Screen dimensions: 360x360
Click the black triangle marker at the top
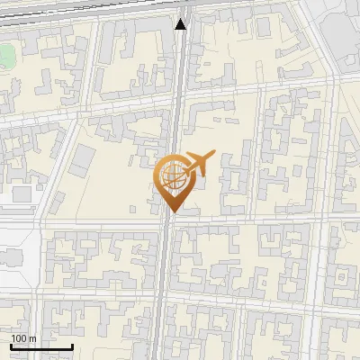click(181, 24)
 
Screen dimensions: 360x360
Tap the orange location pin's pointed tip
click(171, 211)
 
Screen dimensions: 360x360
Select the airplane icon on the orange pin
click(197, 163)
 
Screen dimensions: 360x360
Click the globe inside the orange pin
click(172, 176)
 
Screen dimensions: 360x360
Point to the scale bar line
click(41, 346)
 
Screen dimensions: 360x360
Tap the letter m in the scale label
click(33, 338)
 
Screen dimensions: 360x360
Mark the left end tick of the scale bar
click(11, 346)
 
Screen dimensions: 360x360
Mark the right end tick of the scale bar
click(72, 346)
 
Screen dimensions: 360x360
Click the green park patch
click(7, 56)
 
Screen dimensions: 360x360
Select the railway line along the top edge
click(90, 7)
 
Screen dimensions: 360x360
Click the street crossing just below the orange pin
click(169, 221)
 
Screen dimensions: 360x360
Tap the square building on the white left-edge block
click(20, 194)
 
